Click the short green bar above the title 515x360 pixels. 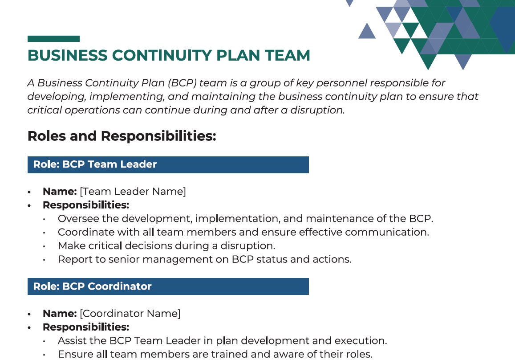53,39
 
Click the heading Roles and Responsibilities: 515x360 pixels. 122,136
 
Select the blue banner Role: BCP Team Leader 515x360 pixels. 168,164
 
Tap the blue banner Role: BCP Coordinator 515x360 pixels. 168,286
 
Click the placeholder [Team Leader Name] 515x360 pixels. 133,192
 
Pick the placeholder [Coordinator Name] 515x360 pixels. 130,314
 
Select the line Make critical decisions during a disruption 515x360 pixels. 166,246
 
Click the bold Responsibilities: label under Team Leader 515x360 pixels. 85,205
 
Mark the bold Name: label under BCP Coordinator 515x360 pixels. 60,314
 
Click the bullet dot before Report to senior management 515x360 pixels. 44,260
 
